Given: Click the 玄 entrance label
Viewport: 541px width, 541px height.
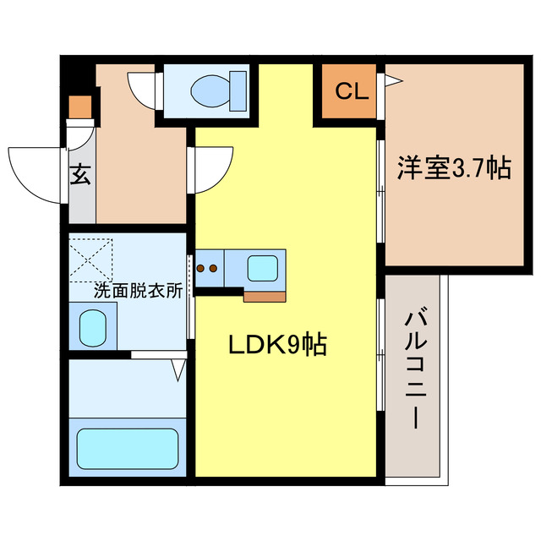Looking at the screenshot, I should pyautogui.click(x=79, y=175).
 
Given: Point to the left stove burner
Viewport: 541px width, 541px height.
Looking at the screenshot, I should pyautogui.click(x=202, y=270).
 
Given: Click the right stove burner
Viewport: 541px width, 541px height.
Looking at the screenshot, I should pyautogui.click(x=215, y=270).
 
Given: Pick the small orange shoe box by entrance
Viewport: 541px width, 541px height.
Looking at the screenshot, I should pyautogui.click(x=79, y=107).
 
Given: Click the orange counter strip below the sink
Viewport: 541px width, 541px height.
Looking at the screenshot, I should pyautogui.click(x=265, y=295).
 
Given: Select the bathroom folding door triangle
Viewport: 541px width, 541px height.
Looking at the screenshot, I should pyautogui.click(x=178, y=368).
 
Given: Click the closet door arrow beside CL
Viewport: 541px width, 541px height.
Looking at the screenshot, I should pyautogui.click(x=393, y=81).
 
